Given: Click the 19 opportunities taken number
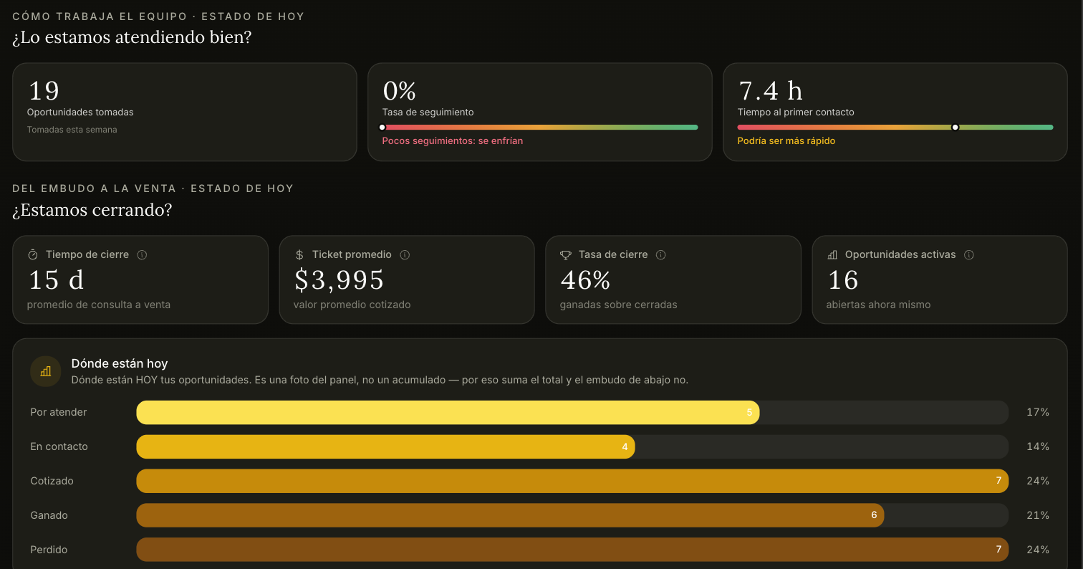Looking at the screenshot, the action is (44, 90).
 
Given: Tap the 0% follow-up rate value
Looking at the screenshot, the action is (399, 90).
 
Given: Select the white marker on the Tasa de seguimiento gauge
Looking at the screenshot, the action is (382, 128).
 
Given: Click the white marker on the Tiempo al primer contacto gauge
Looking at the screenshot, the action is (955, 128).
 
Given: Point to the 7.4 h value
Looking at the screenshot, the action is (770, 90).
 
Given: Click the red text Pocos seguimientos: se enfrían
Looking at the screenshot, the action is (453, 140).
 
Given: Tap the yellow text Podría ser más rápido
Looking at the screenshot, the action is (786, 140).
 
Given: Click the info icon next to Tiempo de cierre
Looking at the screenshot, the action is (142, 255).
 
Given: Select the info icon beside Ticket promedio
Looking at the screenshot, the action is (405, 255).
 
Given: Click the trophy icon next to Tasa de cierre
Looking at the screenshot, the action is (566, 255).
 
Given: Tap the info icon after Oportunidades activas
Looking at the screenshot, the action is (969, 255).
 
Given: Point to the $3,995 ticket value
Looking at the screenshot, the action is (339, 280).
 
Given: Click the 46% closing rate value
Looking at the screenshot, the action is (585, 280).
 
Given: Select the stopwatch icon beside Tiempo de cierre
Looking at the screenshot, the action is (33, 255).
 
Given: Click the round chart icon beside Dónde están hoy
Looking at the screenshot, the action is (45, 372).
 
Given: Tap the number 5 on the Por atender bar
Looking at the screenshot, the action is (749, 412).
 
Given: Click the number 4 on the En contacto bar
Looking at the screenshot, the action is (625, 446).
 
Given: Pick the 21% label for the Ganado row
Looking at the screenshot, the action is (1038, 515).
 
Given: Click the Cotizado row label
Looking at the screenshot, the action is (52, 481).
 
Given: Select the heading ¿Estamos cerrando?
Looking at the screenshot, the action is (92, 210).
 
